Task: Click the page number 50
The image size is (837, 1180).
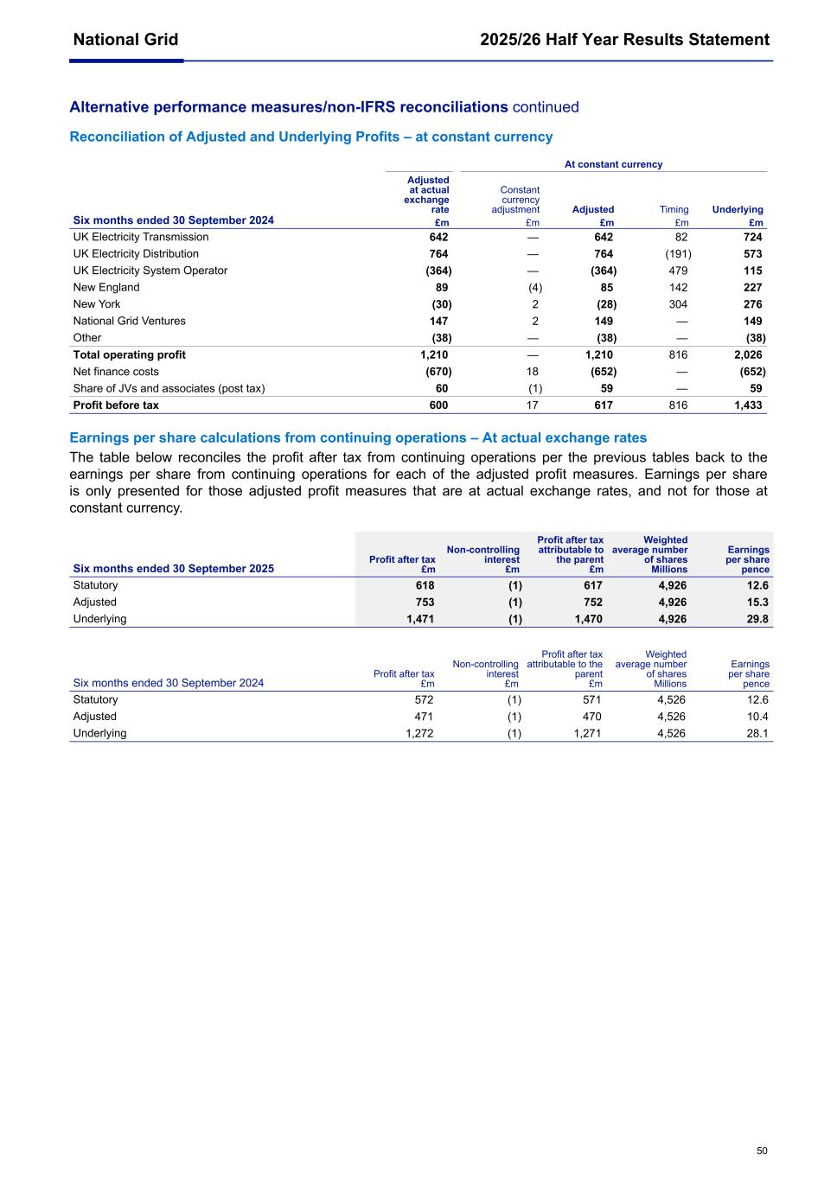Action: [762, 1151]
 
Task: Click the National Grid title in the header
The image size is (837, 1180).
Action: [125, 40]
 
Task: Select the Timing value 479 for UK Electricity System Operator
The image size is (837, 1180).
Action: [678, 271]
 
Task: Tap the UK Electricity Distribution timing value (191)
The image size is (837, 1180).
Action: [678, 254]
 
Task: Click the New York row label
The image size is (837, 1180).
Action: [97, 304]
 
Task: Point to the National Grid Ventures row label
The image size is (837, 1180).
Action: [129, 321]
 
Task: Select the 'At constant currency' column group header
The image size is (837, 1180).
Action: [613, 164]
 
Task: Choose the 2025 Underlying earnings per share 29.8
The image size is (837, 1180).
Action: [757, 619]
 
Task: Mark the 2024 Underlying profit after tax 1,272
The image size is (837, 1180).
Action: [419, 733]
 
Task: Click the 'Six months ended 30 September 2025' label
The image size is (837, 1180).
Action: [174, 569]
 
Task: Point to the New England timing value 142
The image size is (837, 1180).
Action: [678, 288]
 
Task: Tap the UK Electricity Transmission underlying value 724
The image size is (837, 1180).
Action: [752, 237]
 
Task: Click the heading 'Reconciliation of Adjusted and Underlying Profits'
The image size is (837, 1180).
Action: [310, 137]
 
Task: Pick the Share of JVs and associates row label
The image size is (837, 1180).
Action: [169, 388]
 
